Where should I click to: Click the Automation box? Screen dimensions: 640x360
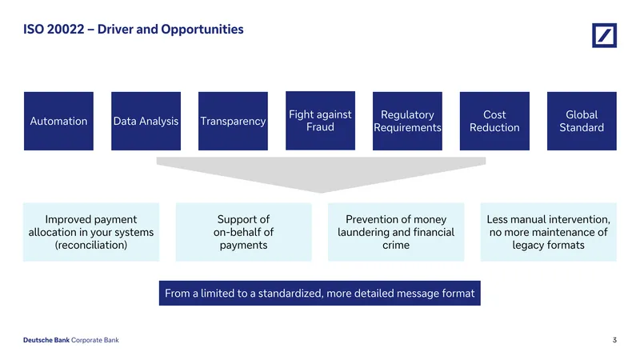click(58, 121)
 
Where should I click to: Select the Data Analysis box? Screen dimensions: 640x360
click(146, 121)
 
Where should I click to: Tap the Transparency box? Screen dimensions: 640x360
click(233, 121)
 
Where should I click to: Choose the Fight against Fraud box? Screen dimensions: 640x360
click(321, 121)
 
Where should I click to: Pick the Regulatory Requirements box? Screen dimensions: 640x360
click(407, 121)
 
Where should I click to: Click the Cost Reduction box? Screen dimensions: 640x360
click(494, 121)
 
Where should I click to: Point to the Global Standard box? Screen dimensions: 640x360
click(582, 121)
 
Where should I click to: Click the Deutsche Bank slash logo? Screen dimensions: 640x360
click(605, 35)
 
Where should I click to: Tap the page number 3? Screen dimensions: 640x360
click(614, 340)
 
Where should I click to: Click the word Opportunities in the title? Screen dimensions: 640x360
click(202, 30)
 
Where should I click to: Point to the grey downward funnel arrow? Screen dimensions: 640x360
click(322, 174)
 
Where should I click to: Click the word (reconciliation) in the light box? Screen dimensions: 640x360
click(91, 245)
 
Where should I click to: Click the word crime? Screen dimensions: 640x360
click(396, 245)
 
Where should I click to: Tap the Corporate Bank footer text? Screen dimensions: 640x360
click(95, 340)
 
